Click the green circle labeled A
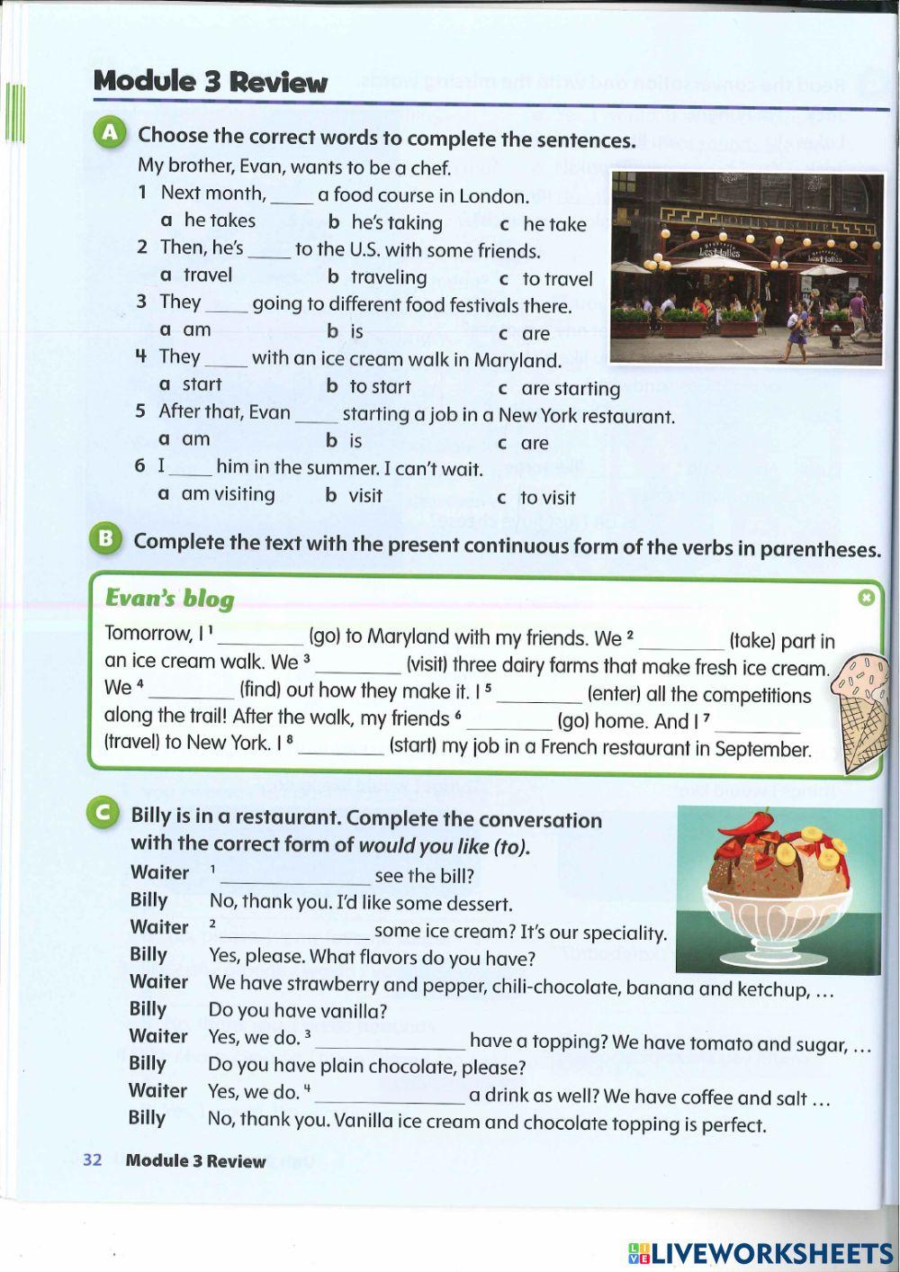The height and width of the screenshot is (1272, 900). (x=111, y=134)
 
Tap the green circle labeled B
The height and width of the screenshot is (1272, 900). (x=106, y=539)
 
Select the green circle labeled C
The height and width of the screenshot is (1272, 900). (x=104, y=814)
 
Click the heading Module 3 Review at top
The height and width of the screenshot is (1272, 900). (x=211, y=82)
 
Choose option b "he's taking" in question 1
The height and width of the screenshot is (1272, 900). (x=396, y=222)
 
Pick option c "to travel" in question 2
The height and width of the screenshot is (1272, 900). (x=557, y=279)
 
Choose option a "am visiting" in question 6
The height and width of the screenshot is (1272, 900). (x=228, y=494)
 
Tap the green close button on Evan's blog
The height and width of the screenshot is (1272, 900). (x=866, y=598)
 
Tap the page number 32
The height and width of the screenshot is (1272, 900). (x=92, y=1159)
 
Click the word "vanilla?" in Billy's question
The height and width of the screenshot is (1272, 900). (x=353, y=1011)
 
